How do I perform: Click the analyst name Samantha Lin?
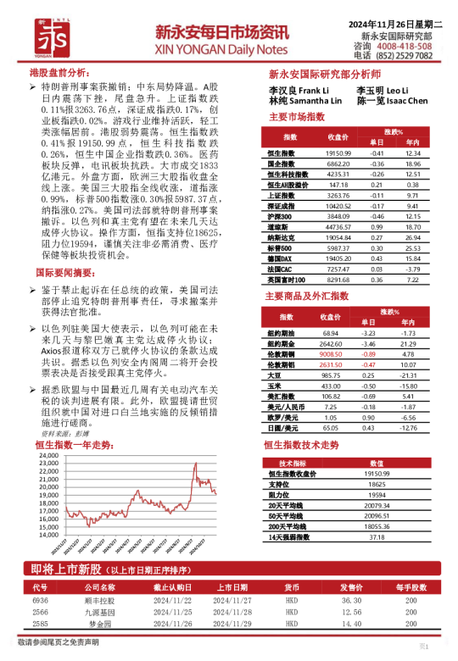tap(316, 101)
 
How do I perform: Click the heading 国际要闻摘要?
tap(64, 273)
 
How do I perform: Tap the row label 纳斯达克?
tap(282, 239)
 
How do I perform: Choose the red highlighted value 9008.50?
tap(331, 354)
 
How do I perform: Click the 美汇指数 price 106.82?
tap(330, 396)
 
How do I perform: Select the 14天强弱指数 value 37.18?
tap(377, 536)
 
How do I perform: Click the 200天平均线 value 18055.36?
tap(377, 526)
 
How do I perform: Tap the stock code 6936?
tap(40, 599)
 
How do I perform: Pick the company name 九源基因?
tap(98, 611)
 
